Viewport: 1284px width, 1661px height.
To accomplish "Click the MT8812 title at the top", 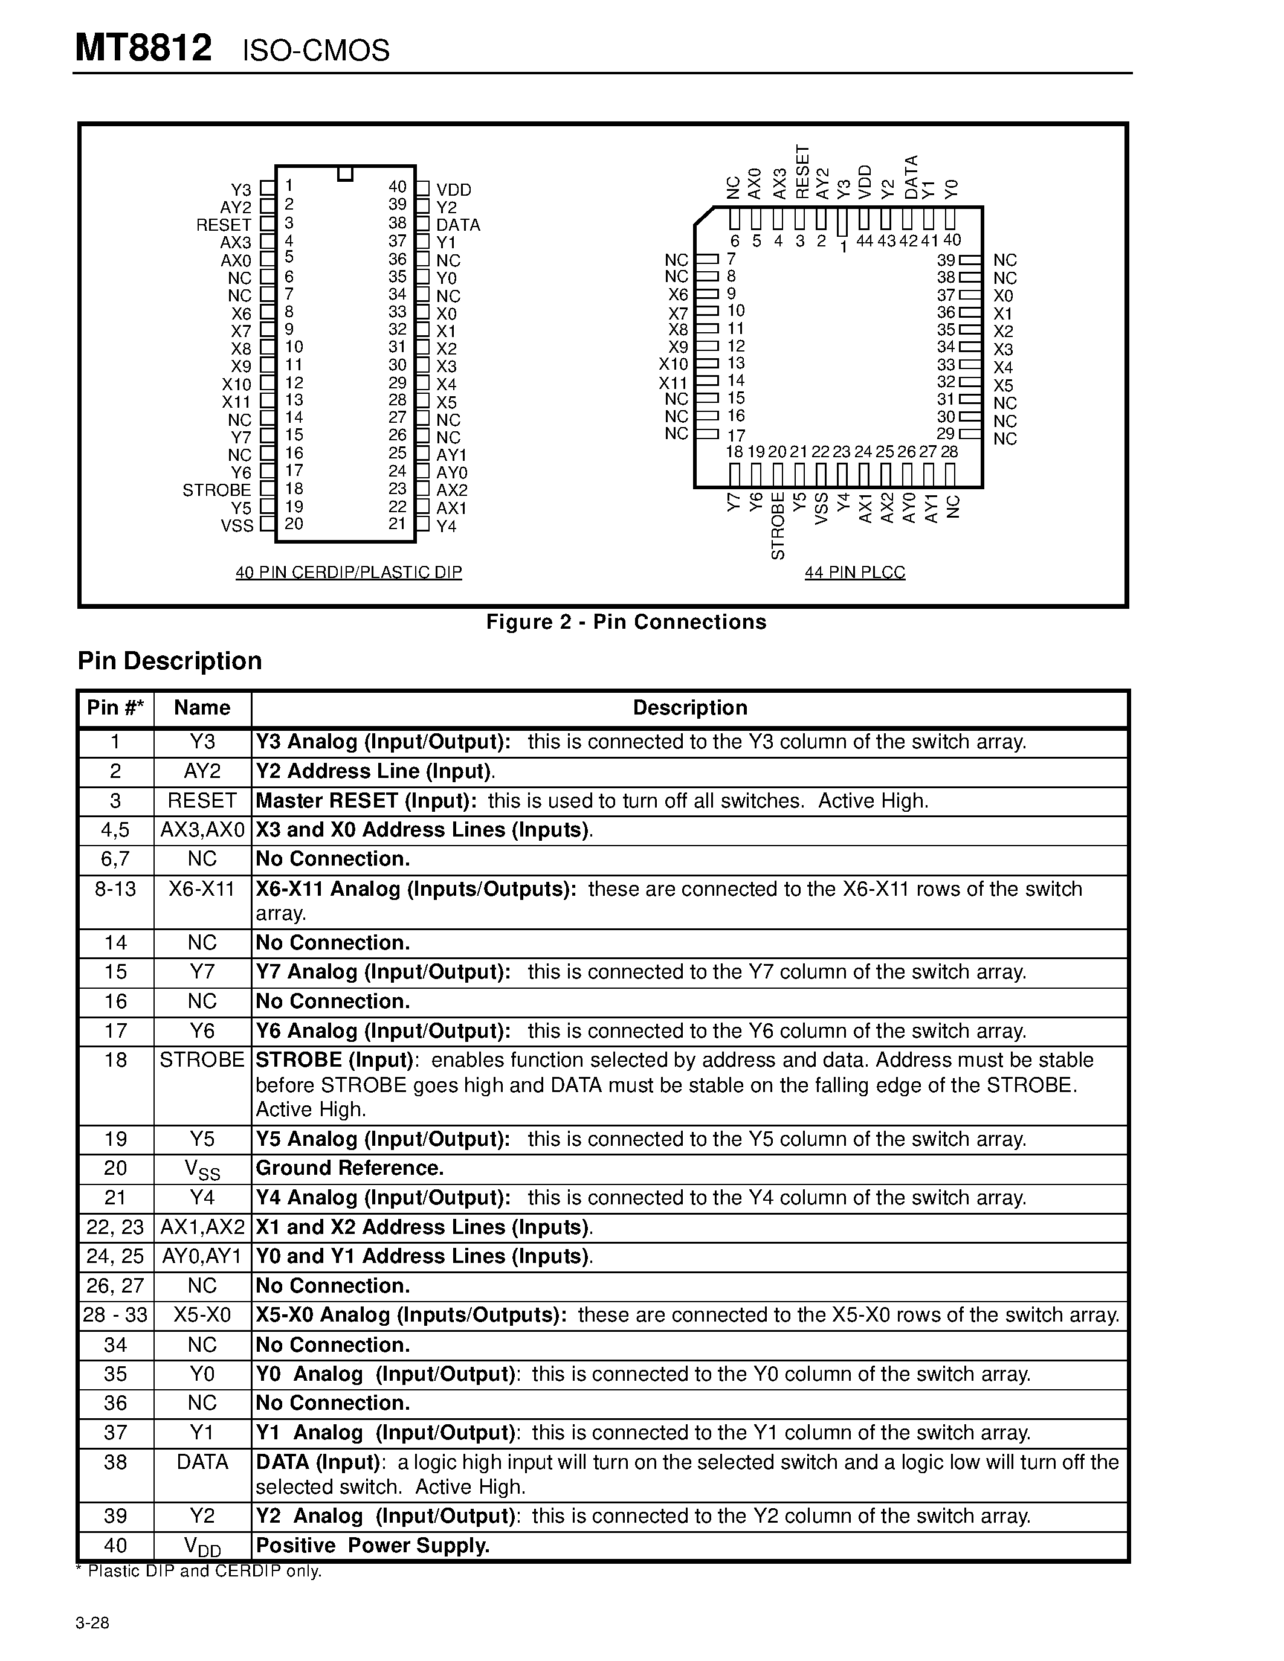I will [x=144, y=49].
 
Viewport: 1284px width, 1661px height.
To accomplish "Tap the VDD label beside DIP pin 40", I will [x=453, y=190].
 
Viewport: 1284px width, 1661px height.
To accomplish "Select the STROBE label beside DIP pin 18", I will [x=217, y=490].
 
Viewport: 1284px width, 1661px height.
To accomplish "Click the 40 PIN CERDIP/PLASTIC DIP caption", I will [x=349, y=572].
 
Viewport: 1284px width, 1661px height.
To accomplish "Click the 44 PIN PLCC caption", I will [x=855, y=572].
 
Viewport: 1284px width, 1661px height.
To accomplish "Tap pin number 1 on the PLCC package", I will [x=843, y=246].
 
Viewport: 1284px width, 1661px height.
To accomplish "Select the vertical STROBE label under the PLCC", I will [x=778, y=525].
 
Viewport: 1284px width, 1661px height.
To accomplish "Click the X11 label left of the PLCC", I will [x=673, y=382].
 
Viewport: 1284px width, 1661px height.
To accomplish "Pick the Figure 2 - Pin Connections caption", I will [x=626, y=622].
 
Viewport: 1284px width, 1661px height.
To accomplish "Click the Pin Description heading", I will [x=170, y=661].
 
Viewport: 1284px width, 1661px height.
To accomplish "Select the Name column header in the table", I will [x=202, y=708].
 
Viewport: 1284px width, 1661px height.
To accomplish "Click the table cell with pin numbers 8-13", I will [x=115, y=889].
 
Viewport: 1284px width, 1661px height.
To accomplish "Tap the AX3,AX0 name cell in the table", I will [x=202, y=830].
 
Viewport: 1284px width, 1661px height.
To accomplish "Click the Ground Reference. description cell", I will [x=350, y=1168].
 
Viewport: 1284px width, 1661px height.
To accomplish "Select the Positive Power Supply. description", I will [x=373, y=1546].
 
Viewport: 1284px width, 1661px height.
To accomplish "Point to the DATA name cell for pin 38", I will [x=202, y=1462].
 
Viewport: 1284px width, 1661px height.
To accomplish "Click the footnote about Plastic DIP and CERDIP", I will [x=199, y=1571].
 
